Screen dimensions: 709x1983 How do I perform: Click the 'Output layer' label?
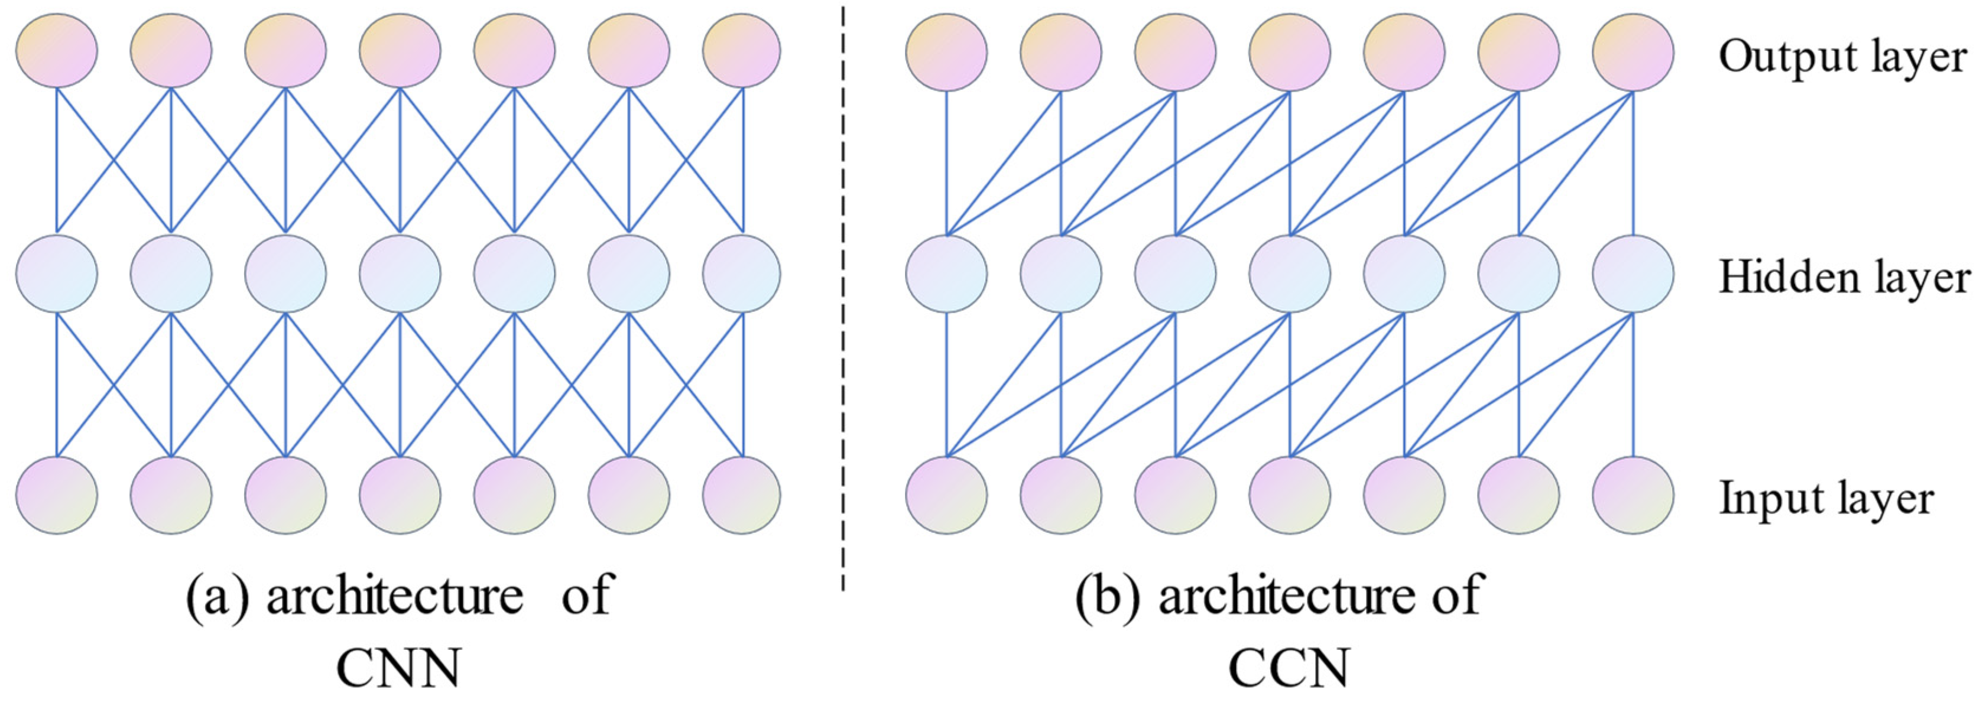[x=1842, y=57]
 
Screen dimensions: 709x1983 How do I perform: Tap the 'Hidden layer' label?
[x=1844, y=277]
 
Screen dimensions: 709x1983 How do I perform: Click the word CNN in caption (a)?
[x=399, y=666]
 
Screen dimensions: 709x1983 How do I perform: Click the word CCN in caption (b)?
[x=1288, y=666]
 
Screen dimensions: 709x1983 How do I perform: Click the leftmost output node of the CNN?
[x=57, y=51]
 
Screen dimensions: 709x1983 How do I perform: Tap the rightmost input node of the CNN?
[x=741, y=495]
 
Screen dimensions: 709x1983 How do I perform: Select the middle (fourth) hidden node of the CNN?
[x=400, y=274]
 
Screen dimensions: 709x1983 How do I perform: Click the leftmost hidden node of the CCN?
[x=947, y=274]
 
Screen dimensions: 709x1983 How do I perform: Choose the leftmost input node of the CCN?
[x=947, y=495]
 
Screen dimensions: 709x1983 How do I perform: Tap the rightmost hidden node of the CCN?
[x=1633, y=274]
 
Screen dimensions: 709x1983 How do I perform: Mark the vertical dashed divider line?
[x=843, y=308]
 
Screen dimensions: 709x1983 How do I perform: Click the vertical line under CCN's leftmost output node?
[x=947, y=162]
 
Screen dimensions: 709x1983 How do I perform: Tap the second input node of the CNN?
[x=171, y=495]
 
